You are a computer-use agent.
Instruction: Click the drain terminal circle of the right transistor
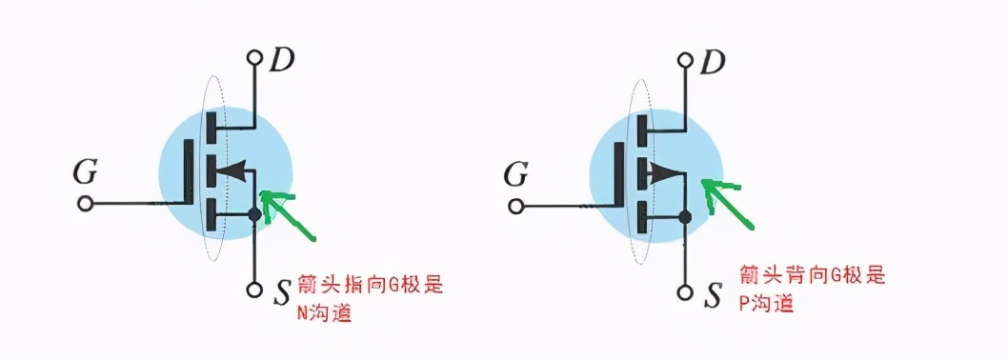685,59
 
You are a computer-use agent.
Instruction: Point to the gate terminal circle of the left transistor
86,204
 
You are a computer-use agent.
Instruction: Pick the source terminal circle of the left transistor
254,290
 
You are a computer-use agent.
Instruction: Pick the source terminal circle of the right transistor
685,290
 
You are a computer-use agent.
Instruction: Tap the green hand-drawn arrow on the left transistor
291,215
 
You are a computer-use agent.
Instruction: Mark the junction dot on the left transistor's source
254,216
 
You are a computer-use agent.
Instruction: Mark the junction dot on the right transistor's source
685,216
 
